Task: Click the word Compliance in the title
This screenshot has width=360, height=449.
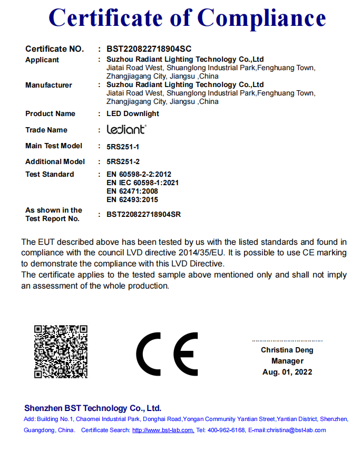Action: tap(262, 18)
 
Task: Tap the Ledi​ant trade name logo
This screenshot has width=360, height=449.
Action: tap(126, 129)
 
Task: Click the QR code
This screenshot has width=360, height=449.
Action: tap(61, 351)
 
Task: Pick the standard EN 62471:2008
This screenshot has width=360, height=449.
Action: tap(132, 191)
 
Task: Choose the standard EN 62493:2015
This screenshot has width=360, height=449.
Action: tap(132, 199)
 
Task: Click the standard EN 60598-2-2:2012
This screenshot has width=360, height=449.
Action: tap(139, 174)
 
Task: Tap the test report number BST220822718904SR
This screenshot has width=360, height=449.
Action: tap(143, 214)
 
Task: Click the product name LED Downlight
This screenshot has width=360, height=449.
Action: tap(133, 113)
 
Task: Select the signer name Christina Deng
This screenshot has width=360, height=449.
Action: tap(287, 350)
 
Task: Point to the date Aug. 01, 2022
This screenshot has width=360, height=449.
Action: tap(287, 372)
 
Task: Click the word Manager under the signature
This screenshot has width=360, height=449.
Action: tap(287, 361)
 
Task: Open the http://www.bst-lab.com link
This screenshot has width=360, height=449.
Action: tap(163, 430)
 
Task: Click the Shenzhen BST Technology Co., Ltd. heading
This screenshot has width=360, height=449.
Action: tap(93, 408)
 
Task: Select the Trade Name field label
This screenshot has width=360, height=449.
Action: tap(46, 130)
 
